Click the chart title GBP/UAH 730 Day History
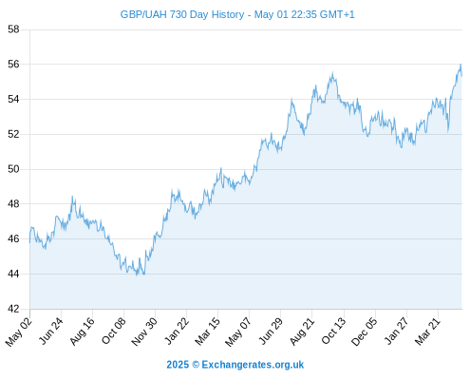tap(182, 14)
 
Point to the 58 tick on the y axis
tap(13, 29)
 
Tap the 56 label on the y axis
tap(13, 65)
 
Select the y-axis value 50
tap(13, 169)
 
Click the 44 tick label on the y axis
tap(13, 274)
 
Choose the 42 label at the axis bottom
tap(13, 309)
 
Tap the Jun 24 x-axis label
tap(51, 331)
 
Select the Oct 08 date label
tap(114, 331)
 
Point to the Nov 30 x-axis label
tap(144, 332)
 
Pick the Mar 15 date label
tap(207, 332)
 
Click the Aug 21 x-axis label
tap(302, 331)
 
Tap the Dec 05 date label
tap(365, 332)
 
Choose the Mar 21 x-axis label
tap(427, 332)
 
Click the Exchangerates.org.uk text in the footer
tap(253, 365)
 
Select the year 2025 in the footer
tap(178, 365)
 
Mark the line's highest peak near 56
tap(461, 65)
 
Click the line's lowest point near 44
tap(137, 275)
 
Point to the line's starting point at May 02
tap(30, 242)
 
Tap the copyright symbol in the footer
tap(196, 365)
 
